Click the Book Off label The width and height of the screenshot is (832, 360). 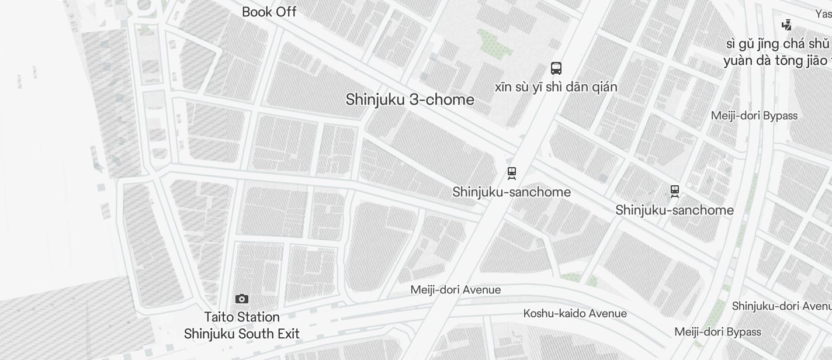pos(269,12)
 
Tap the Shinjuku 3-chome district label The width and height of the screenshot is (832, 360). pos(410,99)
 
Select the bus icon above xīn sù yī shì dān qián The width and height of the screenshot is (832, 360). pos(556,68)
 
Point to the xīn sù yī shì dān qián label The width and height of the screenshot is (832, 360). pos(556,87)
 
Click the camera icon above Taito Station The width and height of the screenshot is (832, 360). pos(242,299)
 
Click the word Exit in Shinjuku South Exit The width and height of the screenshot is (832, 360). pos(285,334)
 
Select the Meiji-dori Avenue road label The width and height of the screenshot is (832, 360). pos(455,290)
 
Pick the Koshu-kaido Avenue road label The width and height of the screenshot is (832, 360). pos(575,313)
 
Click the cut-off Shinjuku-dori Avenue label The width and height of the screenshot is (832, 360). pos(781,306)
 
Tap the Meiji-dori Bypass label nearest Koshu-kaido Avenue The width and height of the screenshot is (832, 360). pos(717,332)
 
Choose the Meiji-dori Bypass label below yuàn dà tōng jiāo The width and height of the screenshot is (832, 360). pos(754,116)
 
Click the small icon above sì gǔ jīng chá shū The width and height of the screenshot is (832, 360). pos(787,25)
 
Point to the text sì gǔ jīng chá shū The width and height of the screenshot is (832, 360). pos(778,44)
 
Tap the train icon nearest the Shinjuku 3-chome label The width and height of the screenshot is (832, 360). pos(512,173)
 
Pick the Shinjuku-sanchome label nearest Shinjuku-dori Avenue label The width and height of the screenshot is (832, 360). pos(674,210)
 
